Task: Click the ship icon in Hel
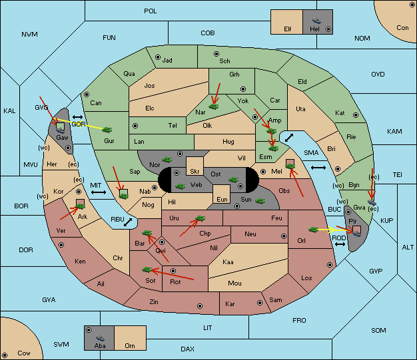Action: pyautogui.click(x=316, y=21)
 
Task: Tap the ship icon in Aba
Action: pyautogui.click(x=100, y=338)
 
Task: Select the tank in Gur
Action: pyautogui.click(x=107, y=130)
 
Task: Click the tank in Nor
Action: pyautogui.click(x=167, y=160)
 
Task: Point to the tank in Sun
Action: pyautogui.click(x=260, y=201)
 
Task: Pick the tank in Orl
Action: pyautogui.click(x=314, y=230)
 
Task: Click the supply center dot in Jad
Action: pyautogui.click(x=158, y=57)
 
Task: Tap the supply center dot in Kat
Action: pyautogui.click(x=356, y=115)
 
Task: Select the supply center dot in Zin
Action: pyautogui.click(x=200, y=306)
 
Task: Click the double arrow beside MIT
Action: pyautogui.click(x=99, y=192)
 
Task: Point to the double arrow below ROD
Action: pyautogui.click(x=340, y=244)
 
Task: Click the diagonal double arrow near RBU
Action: pyautogui.click(x=128, y=222)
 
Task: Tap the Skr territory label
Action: pyautogui.click(x=195, y=172)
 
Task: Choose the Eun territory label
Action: pyautogui.click(x=222, y=199)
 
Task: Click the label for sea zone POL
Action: pyautogui.click(x=151, y=11)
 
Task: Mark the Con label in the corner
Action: pyautogui.click(x=402, y=28)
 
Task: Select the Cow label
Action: pyautogui.click(x=24, y=353)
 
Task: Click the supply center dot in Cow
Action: pyautogui.click(x=5, y=355)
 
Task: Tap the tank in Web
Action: pyautogui.click(x=181, y=186)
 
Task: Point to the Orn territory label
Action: pyautogui.click(x=130, y=345)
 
